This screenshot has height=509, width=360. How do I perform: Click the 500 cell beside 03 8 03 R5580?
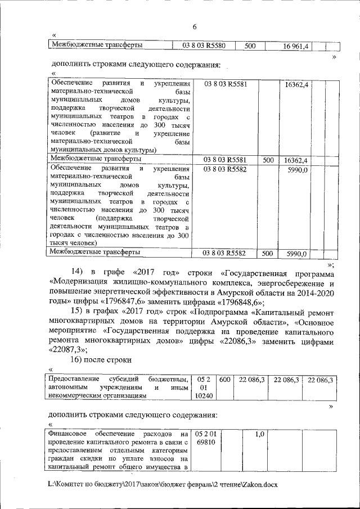(250, 45)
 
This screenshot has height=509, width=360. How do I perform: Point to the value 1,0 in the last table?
(259, 434)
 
